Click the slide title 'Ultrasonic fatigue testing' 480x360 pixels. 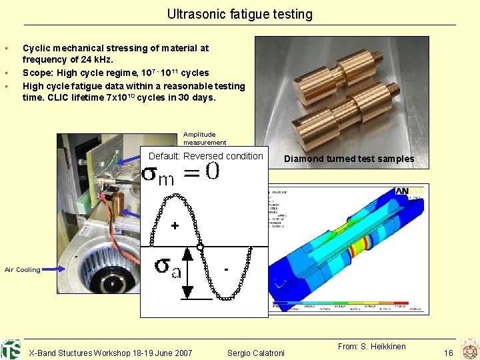[x=239, y=14]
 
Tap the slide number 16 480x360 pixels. [x=448, y=352]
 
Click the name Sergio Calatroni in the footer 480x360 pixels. [x=256, y=353]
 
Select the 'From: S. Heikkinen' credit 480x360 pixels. [x=371, y=346]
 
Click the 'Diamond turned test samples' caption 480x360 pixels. [x=349, y=159]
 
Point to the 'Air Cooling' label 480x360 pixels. [x=22, y=270]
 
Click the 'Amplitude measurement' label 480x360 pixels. [x=205, y=138]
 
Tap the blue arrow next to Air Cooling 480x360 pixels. [x=53, y=269]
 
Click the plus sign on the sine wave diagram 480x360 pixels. [x=174, y=226]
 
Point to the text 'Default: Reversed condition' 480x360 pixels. [x=205, y=156]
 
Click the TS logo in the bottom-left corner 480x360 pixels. [x=11, y=349]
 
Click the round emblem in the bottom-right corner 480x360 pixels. [x=469, y=349]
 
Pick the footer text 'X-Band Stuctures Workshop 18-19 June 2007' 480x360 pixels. [x=111, y=353]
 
